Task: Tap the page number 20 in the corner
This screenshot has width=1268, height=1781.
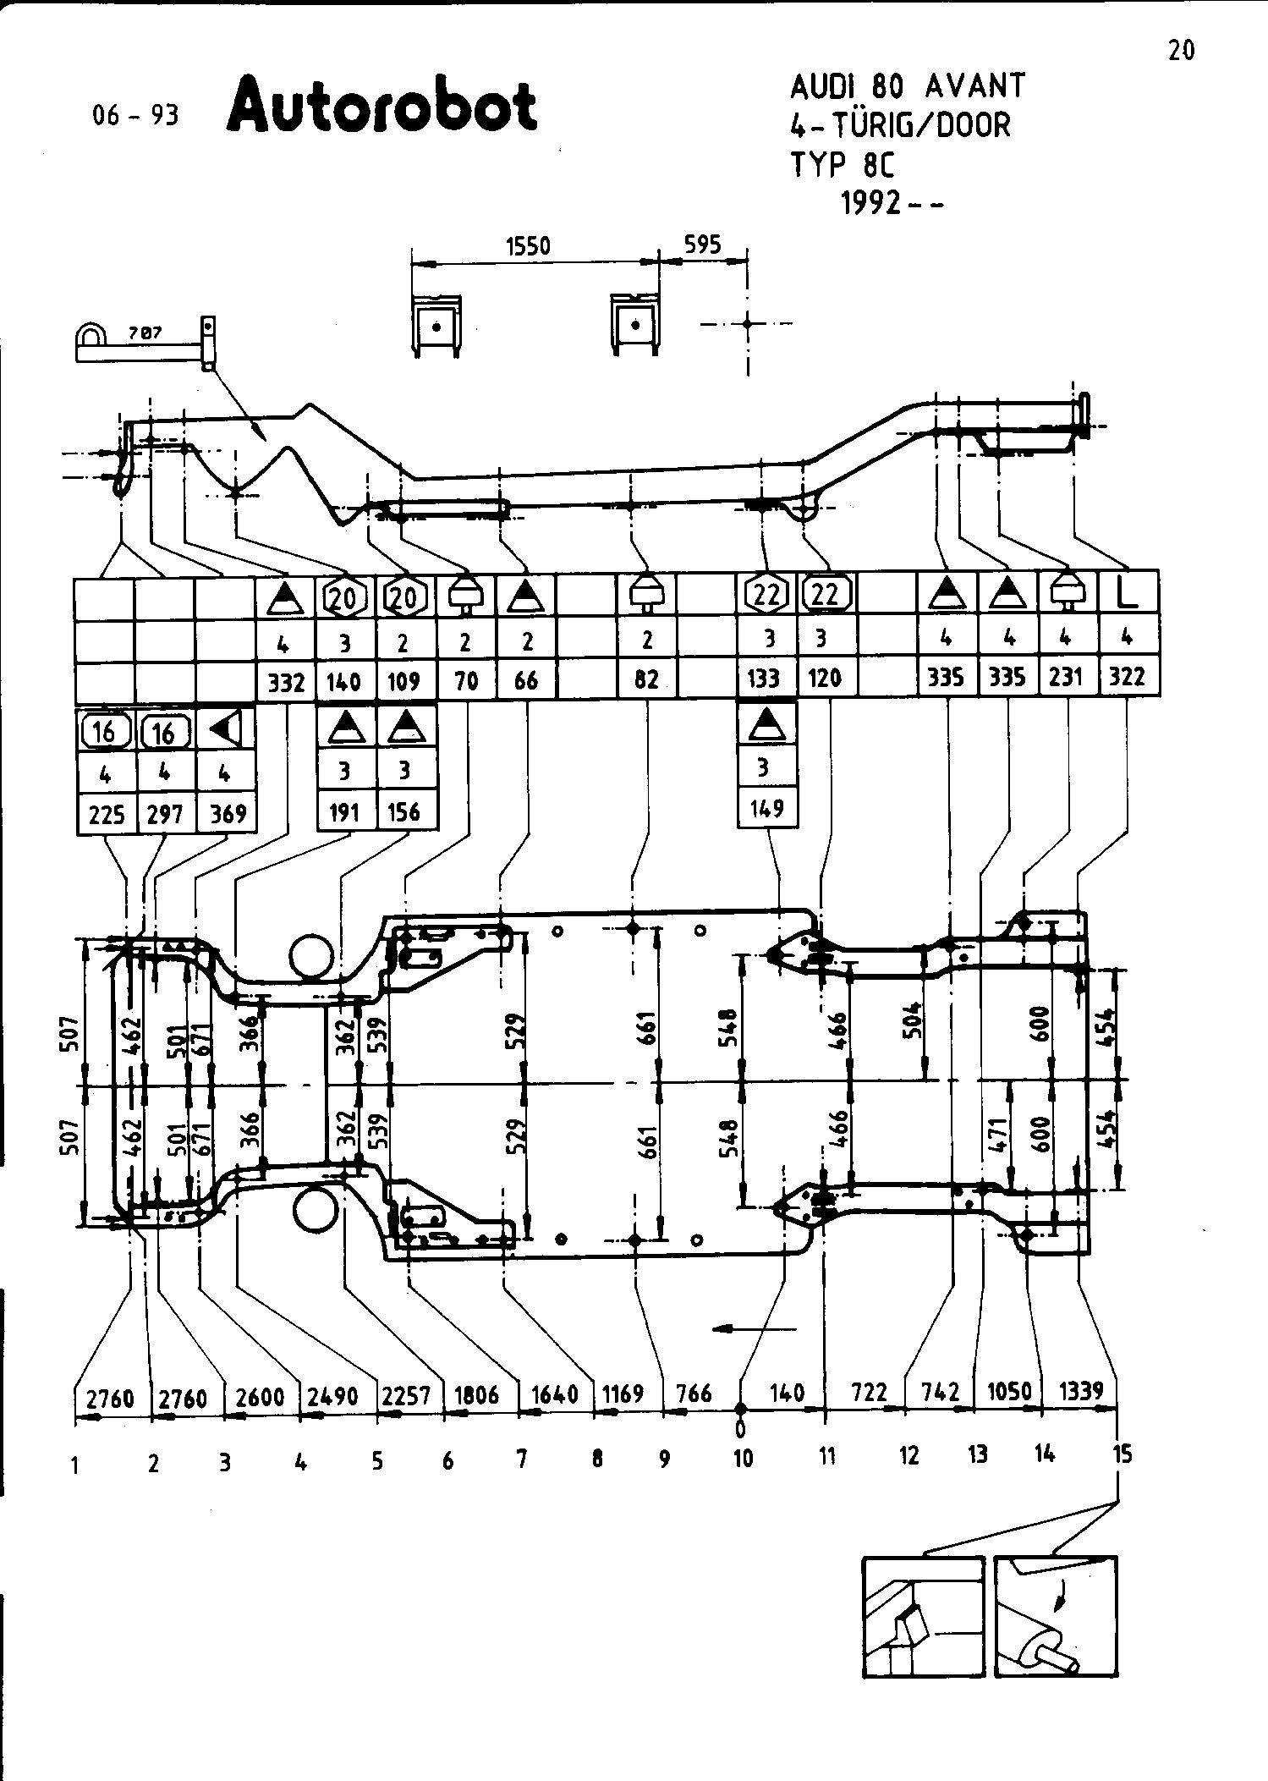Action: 1181,52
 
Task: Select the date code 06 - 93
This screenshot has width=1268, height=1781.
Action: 135,115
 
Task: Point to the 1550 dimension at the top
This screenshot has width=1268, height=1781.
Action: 528,246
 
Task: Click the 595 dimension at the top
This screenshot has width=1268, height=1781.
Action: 702,245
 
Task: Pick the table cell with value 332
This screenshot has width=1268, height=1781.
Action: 286,681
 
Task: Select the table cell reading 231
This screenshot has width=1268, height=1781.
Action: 1066,677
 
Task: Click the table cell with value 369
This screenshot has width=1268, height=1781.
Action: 228,814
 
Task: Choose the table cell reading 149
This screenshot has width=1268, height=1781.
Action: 766,809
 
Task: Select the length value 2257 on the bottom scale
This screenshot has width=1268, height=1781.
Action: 406,1395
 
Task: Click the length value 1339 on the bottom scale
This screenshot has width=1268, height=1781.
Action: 1081,1390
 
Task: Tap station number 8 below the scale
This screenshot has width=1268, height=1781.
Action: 597,1458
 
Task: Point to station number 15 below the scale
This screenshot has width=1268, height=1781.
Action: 1121,1454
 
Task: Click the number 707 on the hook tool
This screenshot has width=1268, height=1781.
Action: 145,334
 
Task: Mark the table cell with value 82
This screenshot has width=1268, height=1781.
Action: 646,679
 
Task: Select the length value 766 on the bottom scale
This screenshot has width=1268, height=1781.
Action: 694,1393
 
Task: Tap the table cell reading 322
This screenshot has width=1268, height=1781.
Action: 1127,677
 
